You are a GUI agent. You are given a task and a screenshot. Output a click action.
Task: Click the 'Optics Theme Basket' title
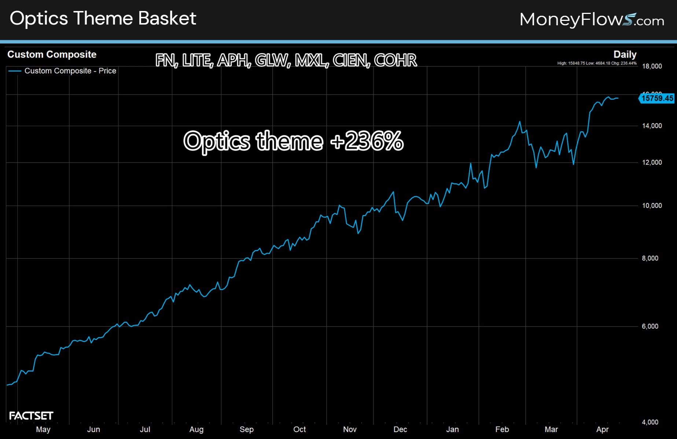coord(103,18)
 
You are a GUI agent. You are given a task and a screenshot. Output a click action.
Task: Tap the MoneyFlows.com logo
coord(592,19)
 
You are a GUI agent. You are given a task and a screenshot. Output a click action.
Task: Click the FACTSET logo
coord(31,416)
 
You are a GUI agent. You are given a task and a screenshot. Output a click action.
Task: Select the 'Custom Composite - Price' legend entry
coord(70,71)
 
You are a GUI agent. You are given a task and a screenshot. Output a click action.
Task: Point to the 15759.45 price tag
coord(657,98)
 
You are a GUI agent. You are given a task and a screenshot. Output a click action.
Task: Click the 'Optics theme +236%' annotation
coord(293,141)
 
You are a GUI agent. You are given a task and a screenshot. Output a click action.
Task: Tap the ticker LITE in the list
coord(197,60)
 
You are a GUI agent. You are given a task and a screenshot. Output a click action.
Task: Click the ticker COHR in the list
coord(395,60)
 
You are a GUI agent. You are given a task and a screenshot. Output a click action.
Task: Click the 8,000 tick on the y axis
coord(650,258)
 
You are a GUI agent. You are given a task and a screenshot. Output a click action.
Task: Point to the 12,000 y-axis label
coord(652,162)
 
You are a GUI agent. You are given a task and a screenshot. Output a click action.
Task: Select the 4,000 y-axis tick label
coord(650,422)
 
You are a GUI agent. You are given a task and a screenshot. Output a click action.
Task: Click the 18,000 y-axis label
coord(652,66)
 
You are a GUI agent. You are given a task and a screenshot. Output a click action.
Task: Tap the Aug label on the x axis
coord(196,429)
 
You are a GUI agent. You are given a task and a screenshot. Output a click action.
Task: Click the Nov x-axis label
coord(350,429)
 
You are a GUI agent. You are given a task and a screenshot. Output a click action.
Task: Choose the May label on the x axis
coord(43,429)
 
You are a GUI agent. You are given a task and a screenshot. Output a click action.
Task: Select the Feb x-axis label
coord(502,429)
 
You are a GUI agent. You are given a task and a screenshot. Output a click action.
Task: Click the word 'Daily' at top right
coord(625,55)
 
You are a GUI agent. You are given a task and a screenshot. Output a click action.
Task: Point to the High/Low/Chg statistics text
coord(597,63)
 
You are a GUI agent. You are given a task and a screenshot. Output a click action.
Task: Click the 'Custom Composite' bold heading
coord(52,55)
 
